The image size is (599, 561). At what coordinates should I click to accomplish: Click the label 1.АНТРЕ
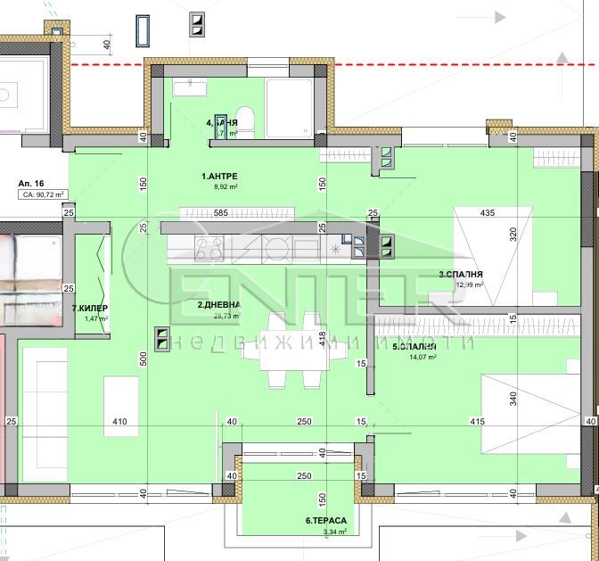click(x=219, y=176)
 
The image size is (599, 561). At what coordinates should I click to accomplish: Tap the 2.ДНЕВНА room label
click(x=219, y=304)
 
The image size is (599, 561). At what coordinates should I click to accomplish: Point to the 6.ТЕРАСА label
click(x=325, y=520)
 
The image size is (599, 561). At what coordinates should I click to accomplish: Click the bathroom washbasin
click(x=189, y=87)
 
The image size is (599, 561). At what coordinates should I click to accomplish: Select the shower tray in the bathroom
click(x=289, y=108)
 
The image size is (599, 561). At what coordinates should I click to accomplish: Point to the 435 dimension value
click(x=488, y=213)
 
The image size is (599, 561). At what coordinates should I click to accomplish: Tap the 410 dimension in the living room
click(x=120, y=422)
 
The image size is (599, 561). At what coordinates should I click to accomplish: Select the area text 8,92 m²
click(x=219, y=188)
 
